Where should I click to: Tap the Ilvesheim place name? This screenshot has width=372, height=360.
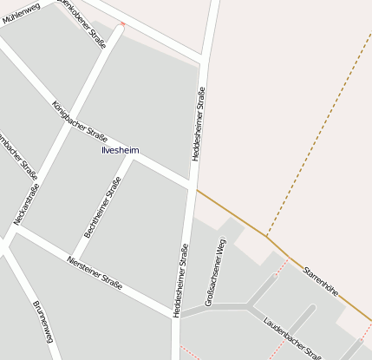120,150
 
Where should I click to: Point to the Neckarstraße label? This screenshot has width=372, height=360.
26,206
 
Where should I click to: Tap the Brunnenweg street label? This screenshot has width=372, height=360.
43,322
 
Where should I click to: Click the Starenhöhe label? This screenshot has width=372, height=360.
320,283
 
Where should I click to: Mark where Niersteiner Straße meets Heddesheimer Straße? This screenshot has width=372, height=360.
174,313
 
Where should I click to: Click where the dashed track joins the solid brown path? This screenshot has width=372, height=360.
267,235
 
